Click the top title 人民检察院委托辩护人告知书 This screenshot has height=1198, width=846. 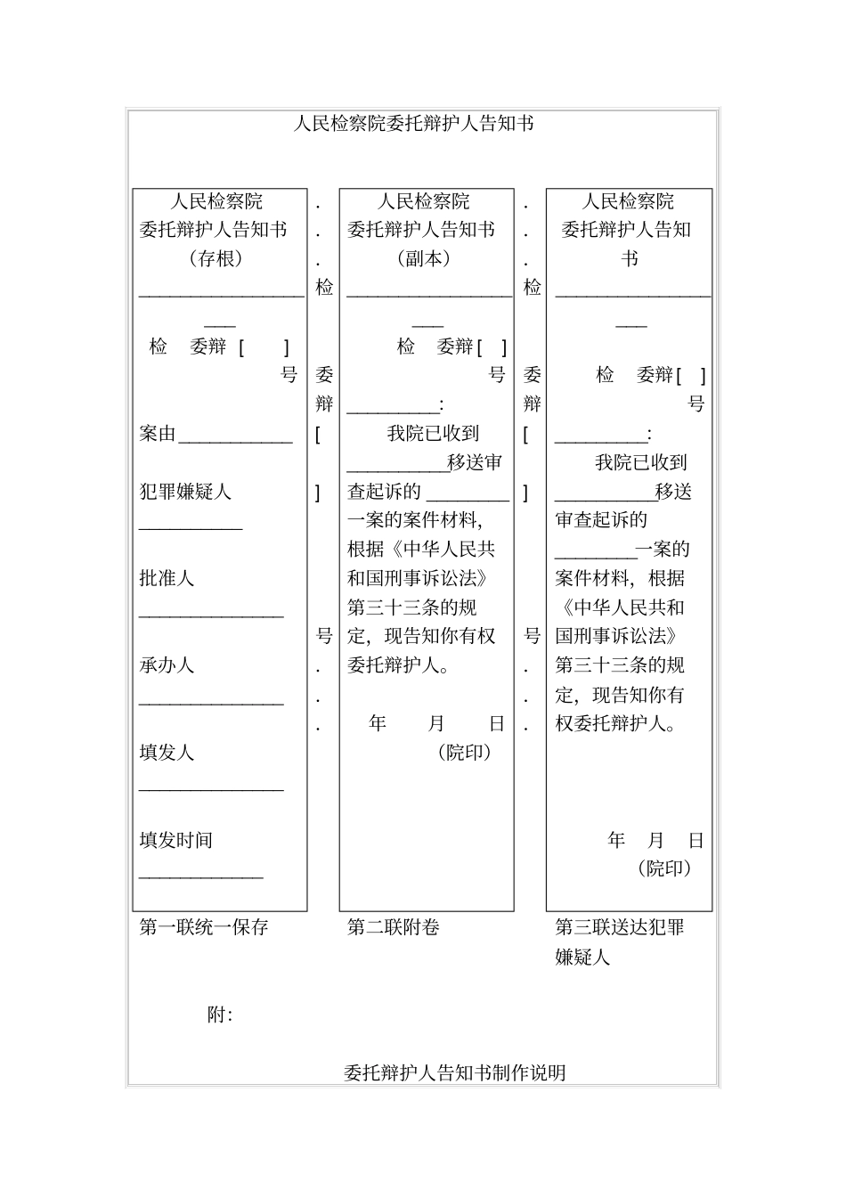point(413,124)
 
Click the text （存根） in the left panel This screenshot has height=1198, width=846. point(216,259)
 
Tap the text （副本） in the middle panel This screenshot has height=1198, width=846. point(423,259)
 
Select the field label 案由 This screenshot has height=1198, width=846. point(158,434)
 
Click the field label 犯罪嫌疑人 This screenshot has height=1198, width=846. point(185,492)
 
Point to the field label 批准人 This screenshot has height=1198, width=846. point(167,579)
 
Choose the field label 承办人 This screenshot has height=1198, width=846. point(167,665)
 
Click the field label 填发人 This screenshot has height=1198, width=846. point(167,753)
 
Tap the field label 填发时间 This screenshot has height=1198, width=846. point(175,840)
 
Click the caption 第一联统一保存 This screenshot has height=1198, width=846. point(204,927)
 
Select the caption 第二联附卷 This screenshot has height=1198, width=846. point(393,927)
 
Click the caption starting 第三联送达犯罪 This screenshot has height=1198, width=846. point(619,927)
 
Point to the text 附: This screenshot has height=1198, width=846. point(220,1015)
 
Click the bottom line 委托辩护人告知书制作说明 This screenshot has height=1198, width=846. point(454,1072)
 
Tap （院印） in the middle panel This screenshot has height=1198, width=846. point(465,753)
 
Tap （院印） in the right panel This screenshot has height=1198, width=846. point(664,868)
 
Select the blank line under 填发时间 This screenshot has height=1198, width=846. point(201,876)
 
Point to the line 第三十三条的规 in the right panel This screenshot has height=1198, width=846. point(620,665)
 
